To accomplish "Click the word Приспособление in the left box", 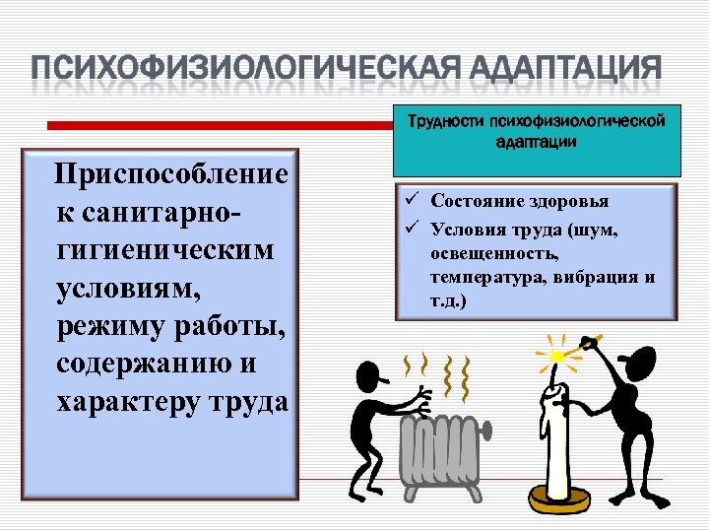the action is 172,175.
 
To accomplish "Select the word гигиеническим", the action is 165,250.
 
